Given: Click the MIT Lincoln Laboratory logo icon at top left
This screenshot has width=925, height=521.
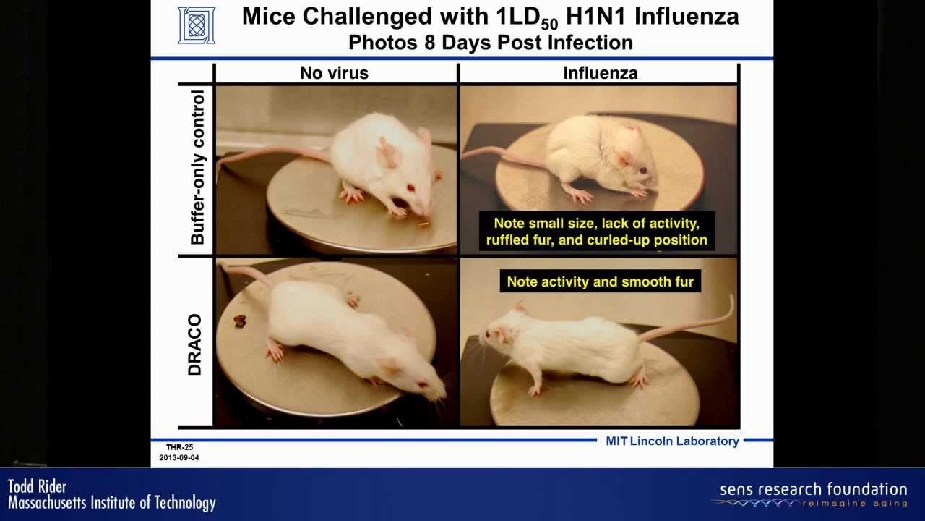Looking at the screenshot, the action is click(197, 25).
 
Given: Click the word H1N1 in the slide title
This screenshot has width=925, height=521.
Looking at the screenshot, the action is click(596, 17).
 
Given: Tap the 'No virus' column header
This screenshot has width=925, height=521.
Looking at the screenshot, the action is click(334, 73).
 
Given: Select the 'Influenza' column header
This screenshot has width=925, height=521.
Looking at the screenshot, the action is click(600, 73).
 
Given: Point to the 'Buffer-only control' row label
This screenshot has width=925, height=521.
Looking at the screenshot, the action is click(197, 167).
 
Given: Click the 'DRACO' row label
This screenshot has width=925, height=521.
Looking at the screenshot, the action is click(194, 344).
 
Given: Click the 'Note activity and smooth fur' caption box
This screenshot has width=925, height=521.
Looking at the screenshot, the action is click(600, 281).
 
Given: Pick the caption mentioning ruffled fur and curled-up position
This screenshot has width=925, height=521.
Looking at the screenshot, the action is click(597, 232).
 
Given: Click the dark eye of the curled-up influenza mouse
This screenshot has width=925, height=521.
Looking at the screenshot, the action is click(643, 170).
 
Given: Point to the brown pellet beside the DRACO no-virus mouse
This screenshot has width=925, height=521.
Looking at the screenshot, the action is click(239, 321).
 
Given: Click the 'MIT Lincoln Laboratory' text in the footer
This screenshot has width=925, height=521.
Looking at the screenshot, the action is click(672, 441).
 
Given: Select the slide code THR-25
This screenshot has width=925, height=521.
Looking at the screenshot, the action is click(180, 447).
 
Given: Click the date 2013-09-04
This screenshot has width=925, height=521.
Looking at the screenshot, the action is click(179, 458).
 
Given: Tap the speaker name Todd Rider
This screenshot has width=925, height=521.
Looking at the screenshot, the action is click(37, 487).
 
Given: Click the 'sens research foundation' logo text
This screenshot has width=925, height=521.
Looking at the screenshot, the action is click(813, 490).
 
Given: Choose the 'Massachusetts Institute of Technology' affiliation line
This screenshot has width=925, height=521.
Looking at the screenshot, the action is click(112, 503).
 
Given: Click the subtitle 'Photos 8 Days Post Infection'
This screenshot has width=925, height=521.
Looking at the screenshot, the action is click(491, 43).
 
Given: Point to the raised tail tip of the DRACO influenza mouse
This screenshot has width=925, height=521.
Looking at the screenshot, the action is click(732, 297).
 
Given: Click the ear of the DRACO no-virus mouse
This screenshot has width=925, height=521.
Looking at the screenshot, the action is click(389, 366).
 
